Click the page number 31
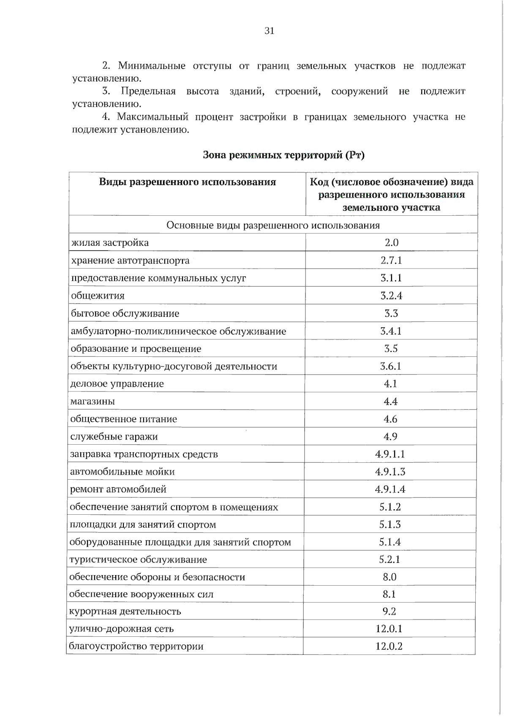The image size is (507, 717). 269,30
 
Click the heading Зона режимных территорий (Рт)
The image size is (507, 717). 283,155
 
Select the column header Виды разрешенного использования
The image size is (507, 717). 187,182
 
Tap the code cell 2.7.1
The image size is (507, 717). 391,260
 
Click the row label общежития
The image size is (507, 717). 98,296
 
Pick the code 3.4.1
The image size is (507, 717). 391,331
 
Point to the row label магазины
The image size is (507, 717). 93,401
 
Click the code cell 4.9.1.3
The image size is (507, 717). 390,472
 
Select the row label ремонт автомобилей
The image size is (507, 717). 118,489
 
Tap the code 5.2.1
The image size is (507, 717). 390,559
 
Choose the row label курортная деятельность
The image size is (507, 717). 125,611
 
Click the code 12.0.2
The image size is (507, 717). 389,646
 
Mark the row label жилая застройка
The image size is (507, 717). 110,243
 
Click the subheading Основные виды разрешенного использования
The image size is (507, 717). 273,225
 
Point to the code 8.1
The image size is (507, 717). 389,594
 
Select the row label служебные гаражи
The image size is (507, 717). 114,437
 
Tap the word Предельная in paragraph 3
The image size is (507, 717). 148,91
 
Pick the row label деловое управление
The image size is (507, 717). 117,384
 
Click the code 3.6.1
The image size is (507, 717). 390,366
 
